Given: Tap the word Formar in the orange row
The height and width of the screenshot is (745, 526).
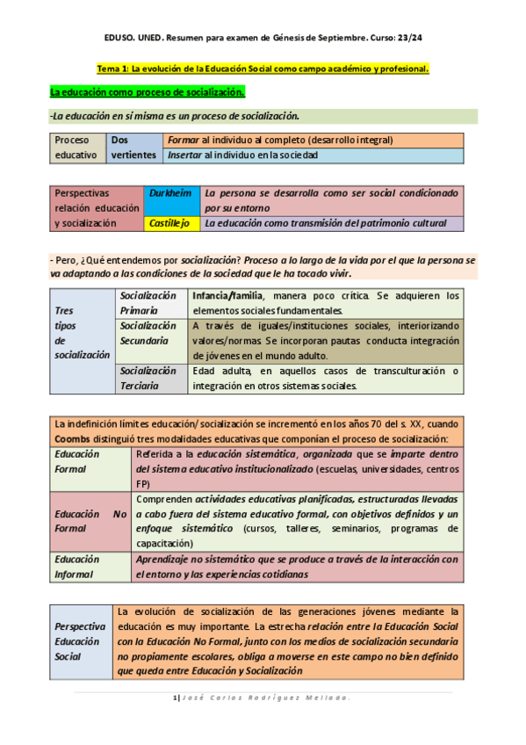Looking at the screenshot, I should [x=183, y=140].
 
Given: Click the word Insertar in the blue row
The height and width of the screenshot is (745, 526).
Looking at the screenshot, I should [x=184, y=155].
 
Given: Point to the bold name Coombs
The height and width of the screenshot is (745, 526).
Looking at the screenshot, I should [x=73, y=438].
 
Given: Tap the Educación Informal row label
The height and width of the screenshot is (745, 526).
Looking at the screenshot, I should [x=77, y=567].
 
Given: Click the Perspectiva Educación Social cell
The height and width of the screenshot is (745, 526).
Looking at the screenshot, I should [x=81, y=641].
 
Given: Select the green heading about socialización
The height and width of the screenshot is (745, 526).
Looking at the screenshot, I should [x=147, y=91].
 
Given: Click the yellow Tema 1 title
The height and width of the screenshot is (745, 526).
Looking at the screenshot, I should [x=263, y=69].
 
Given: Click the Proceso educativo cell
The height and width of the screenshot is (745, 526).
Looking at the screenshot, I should [x=76, y=148].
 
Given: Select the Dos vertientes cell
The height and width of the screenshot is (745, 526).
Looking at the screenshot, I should [x=133, y=148].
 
